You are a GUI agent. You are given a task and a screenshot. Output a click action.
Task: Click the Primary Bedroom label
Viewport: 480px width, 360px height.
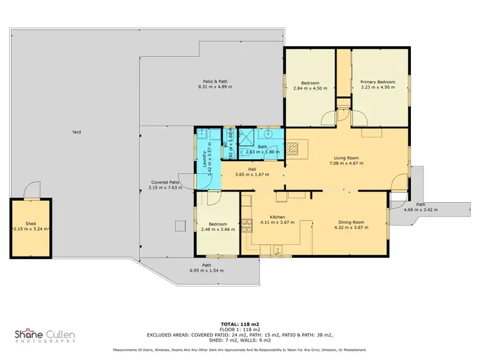377,82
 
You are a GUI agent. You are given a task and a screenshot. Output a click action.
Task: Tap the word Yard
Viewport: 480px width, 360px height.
77,132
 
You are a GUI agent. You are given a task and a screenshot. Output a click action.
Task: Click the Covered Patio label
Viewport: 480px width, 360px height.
164,182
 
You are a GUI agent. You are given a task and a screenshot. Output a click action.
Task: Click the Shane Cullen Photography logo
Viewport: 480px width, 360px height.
45,336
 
